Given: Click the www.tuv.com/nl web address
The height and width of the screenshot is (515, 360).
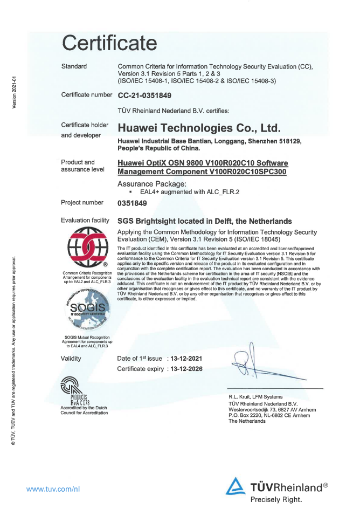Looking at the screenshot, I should tap(54, 489).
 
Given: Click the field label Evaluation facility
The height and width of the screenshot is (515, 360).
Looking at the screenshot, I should tap(85, 221).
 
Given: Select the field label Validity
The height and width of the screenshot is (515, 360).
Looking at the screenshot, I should tap(73, 358).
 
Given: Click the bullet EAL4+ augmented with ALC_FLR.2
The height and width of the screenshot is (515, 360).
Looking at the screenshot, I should tap(170, 191).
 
